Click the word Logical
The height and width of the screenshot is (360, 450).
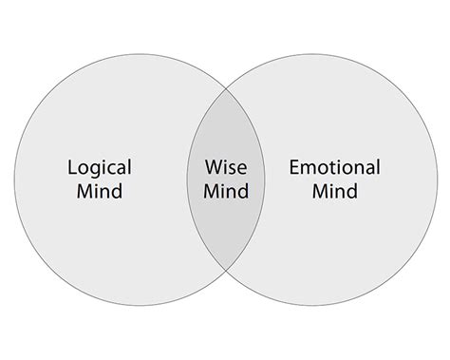pos(100,168)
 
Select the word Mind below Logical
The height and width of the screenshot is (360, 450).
pos(100,192)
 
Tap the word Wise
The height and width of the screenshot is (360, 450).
pos(226,168)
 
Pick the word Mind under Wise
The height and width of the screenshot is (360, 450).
pos(226,192)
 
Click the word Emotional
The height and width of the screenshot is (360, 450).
pos(334,168)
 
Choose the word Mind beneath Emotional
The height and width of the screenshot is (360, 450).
pos(334,192)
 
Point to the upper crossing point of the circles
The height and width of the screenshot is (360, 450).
pos(225,83)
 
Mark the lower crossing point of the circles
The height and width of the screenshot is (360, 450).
pos(225,281)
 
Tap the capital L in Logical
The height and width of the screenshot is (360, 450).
pos(73,168)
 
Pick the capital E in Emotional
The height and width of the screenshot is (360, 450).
pos(293,168)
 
